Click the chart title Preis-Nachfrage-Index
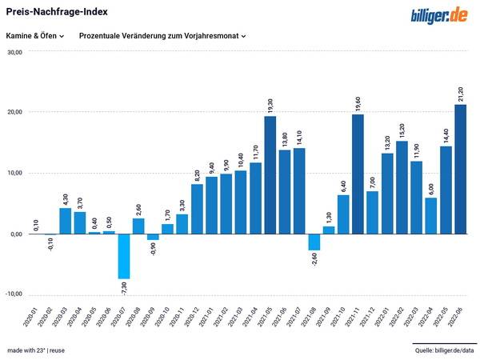[57, 12]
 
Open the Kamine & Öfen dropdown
[35, 36]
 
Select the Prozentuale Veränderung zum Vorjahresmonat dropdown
[162, 36]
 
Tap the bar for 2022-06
[460, 169]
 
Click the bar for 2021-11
[358, 174]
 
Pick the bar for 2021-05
[270, 175]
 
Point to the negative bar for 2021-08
[314, 242]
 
